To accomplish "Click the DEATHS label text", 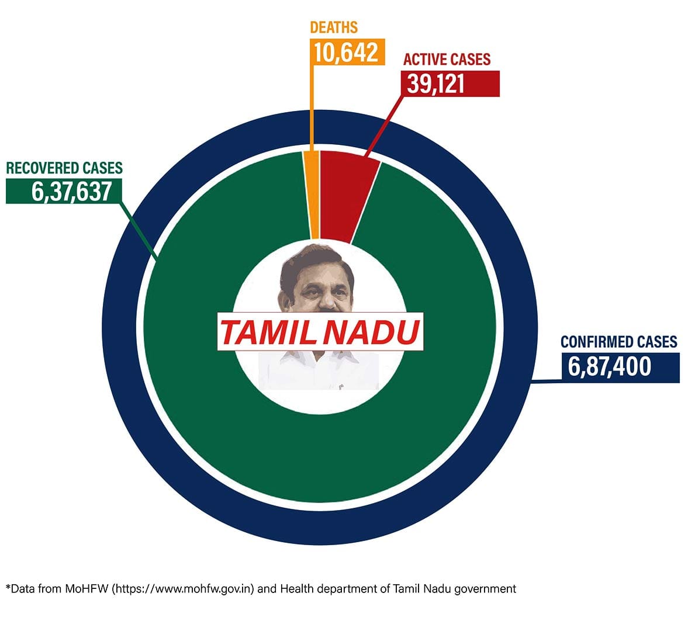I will [x=334, y=27].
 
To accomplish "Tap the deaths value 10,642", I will [x=346, y=52].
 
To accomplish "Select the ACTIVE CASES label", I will [x=447, y=60].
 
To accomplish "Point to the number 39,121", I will [x=436, y=84].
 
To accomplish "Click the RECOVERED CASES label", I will [x=64, y=168].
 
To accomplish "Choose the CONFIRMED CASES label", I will [x=619, y=342].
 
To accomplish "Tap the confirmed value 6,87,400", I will [x=609, y=367].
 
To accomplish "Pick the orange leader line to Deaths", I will [x=314, y=105].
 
